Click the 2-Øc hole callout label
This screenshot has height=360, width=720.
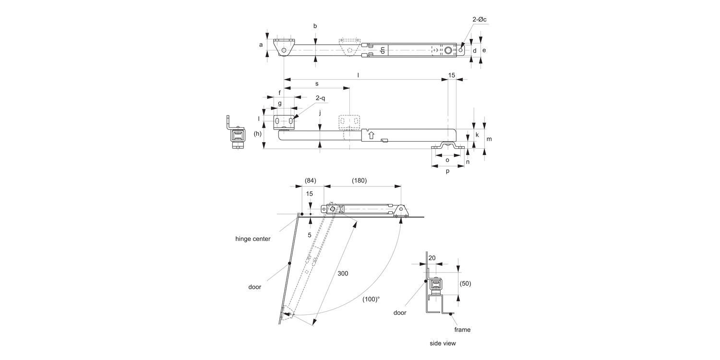tap(479, 20)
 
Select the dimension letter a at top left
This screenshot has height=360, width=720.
tap(261, 45)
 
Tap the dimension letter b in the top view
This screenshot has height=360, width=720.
tap(315, 26)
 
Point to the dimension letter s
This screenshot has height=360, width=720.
tap(317, 84)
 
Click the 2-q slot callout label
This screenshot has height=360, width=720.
tap(320, 98)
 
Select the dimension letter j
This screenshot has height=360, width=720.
tap(320, 113)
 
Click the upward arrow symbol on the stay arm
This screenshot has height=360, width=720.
tap(371, 135)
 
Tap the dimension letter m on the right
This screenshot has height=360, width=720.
tap(489, 139)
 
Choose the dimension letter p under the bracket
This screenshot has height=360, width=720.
tap(448, 171)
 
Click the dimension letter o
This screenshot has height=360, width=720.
tap(447, 160)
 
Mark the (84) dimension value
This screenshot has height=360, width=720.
tap(310, 180)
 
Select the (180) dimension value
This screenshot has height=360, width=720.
tap(359, 180)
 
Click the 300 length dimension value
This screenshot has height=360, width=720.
tap(343, 273)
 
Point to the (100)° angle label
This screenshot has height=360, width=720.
tap(371, 299)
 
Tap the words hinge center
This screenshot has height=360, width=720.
tap(252, 239)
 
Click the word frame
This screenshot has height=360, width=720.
tap(463, 329)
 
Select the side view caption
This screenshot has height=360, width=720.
tap(443, 343)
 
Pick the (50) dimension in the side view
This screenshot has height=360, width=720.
tap(465, 283)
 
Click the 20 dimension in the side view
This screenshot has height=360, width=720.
tap(432, 258)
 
